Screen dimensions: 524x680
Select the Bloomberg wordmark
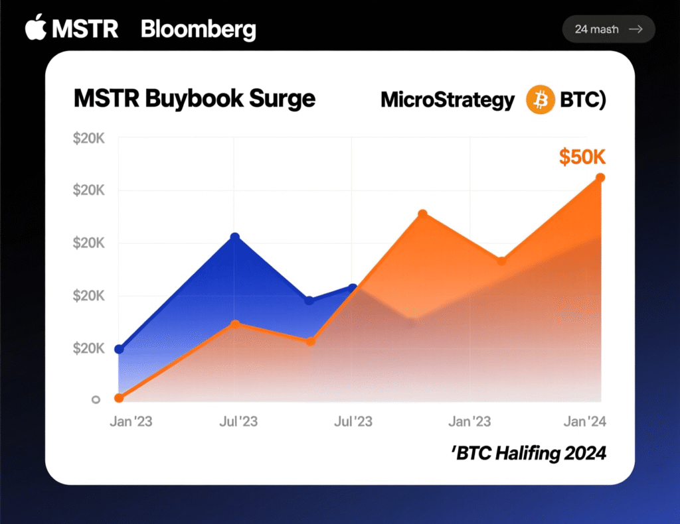click(198, 30)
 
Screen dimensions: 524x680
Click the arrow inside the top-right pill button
click(636, 29)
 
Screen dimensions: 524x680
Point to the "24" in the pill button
click(582, 29)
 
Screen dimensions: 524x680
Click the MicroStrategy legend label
click(447, 100)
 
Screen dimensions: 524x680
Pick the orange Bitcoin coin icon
click(540, 100)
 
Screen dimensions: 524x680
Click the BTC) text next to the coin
click(583, 100)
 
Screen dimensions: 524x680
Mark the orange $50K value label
click(582, 157)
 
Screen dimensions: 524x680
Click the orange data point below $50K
click(600, 178)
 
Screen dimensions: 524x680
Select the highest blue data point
click(234, 237)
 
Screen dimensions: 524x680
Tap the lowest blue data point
click(119, 350)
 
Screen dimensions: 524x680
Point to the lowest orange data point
click(119, 398)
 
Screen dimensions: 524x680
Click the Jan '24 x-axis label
click(584, 422)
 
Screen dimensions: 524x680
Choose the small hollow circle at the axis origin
click(96, 399)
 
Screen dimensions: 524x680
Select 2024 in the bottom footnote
click(584, 454)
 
